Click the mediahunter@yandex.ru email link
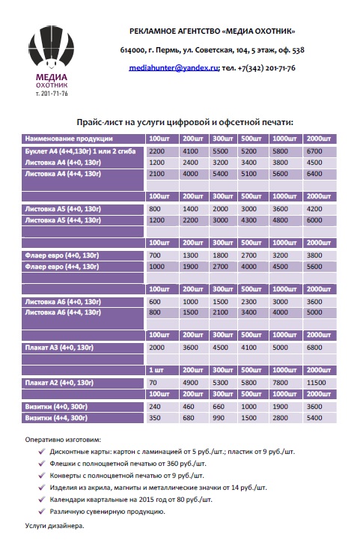[x=174, y=68]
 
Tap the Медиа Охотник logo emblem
[x=51, y=47]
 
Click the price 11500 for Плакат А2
[x=316, y=383]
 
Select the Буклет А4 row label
[x=80, y=151]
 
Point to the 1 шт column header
[x=156, y=370]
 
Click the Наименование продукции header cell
[x=69, y=139]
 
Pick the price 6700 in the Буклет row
[x=314, y=151]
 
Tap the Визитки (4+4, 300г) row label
[x=56, y=418]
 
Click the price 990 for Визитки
[x=219, y=418]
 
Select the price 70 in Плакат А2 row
[x=153, y=383]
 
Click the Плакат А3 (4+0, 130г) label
[x=59, y=348]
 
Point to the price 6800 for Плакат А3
[x=314, y=348]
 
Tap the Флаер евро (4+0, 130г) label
[x=62, y=255]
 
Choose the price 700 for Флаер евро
[x=155, y=255]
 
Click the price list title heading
[x=185, y=122]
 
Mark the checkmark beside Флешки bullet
[x=42, y=464]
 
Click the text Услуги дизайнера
[x=55, y=526]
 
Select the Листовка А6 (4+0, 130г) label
[x=63, y=302]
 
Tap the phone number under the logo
[x=52, y=94]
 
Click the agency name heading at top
[x=212, y=31]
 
